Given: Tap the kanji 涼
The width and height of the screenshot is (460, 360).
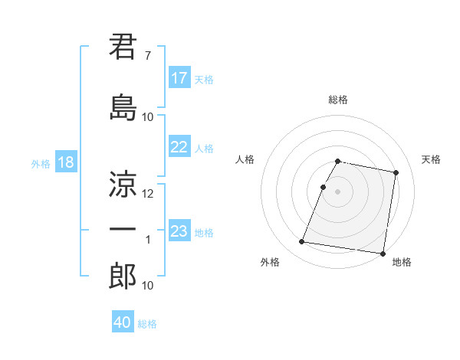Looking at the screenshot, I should click(x=123, y=184).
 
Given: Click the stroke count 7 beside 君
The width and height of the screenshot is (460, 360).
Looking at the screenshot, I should click(x=147, y=56).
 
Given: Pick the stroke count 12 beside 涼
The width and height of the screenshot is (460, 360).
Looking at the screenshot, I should click(x=148, y=194).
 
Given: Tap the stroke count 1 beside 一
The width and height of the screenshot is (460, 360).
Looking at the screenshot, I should click(x=148, y=240).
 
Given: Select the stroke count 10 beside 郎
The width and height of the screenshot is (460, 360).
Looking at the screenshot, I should click(x=148, y=286).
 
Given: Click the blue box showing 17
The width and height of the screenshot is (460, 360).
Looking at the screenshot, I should click(x=179, y=78).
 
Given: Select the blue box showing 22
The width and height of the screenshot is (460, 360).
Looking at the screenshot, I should click(x=179, y=148).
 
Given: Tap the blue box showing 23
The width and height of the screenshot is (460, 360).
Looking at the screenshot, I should click(x=179, y=231).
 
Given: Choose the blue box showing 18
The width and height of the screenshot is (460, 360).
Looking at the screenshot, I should click(x=66, y=162).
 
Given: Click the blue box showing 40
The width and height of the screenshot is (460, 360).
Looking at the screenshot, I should click(x=123, y=322).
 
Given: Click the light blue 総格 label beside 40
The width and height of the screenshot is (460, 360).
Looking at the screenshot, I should click(x=147, y=324).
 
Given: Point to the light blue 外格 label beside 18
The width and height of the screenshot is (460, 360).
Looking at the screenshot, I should click(x=41, y=163).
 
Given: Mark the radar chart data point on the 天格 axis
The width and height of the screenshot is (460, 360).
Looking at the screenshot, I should click(x=396, y=173).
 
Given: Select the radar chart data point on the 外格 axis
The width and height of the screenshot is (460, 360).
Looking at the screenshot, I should click(x=302, y=242).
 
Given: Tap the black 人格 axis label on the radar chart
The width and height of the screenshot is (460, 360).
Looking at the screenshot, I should click(x=245, y=159).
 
